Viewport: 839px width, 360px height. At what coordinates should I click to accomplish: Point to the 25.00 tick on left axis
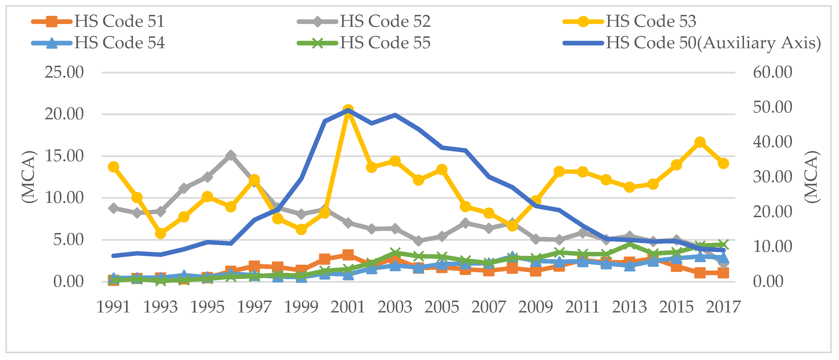tap(64, 72)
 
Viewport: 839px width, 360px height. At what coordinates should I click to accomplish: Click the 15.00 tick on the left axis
tap(64, 156)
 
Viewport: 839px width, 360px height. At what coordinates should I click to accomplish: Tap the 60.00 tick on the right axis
tap(772, 72)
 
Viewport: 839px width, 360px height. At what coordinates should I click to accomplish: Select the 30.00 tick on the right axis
tap(772, 177)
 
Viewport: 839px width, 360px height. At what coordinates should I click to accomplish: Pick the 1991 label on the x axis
tap(113, 307)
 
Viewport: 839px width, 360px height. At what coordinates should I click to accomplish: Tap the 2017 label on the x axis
tap(723, 307)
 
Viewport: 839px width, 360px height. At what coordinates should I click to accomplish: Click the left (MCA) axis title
tap(29, 177)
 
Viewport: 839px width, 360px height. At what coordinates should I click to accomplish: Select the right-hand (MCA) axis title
tap(811, 177)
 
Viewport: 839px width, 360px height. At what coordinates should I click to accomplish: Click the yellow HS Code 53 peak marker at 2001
tap(348, 110)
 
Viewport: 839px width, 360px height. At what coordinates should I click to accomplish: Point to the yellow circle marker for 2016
tap(700, 142)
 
